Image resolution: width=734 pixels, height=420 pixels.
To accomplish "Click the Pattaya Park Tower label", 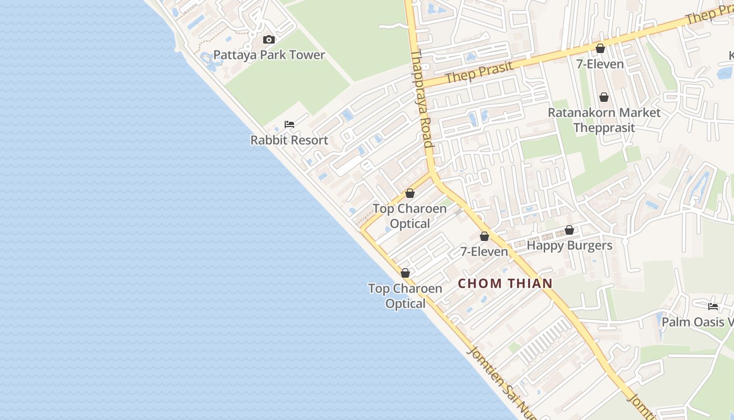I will tap(269, 55).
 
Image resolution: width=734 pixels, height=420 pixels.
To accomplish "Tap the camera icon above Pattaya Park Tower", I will tap(269, 40).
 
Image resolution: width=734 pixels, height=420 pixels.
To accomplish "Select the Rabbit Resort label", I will tap(289, 140).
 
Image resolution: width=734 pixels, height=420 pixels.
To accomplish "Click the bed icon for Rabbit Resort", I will tap(289, 124).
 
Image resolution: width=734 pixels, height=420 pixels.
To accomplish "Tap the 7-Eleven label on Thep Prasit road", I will tap(600, 64).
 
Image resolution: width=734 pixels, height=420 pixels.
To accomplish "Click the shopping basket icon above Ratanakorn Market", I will tap(604, 97).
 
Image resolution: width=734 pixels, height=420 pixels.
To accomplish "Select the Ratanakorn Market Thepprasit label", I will tap(604, 120).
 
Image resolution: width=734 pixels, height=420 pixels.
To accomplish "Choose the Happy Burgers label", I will tap(569, 246).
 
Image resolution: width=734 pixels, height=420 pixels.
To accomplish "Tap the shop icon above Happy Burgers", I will tap(569, 230).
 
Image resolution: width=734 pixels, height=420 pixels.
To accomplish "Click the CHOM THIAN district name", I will tap(505, 283).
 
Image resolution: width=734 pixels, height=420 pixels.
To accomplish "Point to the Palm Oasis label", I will tap(697, 322).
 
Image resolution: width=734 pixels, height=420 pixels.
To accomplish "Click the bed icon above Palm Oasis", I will tap(713, 306).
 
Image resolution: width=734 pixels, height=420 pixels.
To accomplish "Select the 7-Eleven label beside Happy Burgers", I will tap(484, 252).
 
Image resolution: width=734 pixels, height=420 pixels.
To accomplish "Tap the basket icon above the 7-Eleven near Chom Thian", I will tap(484, 236).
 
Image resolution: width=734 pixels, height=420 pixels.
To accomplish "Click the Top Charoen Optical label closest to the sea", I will tap(405, 296).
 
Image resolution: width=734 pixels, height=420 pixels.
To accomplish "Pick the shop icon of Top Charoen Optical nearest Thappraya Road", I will tap(410, 193).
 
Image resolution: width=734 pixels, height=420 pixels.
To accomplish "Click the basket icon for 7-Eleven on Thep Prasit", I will tap(600, 48).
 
